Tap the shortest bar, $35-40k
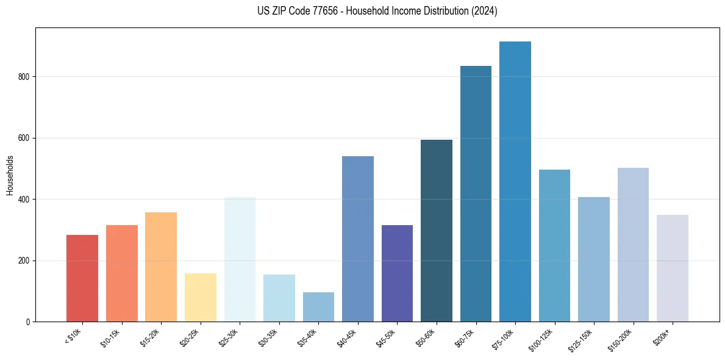tap(318, 307)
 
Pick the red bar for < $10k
tap(82, 278)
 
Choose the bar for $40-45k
tap(358, 239)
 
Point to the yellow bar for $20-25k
tap(201, 297)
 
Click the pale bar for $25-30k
tap(240, 259)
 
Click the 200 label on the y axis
tap(25, 261)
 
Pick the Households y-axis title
tap(10, 175)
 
